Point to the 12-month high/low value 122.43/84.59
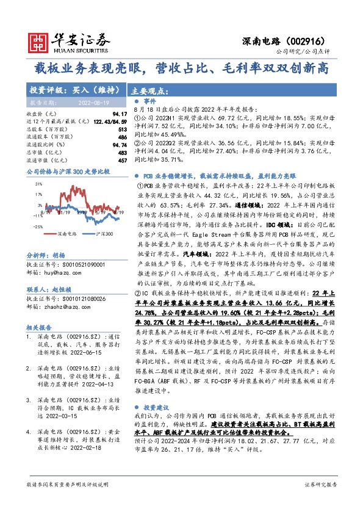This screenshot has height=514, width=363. click(98, 122)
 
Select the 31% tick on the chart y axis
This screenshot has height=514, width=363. click(38, 183)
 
